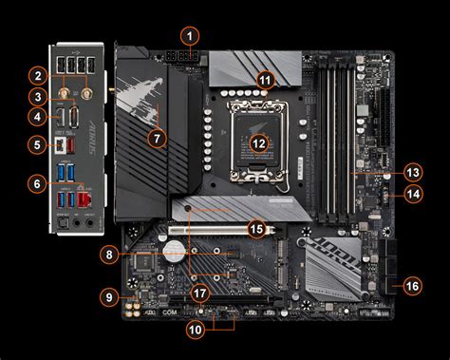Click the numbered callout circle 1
tap(191, 36)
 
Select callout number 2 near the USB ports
tap(37, 74)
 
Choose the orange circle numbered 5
tap(37, 145)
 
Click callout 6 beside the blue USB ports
tap(37, 183)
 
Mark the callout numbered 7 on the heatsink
tap(158, 138)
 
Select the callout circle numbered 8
tap(110, 255)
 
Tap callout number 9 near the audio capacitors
tap(110, 297)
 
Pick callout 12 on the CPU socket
tap(259, 145)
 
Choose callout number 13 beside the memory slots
tap(412, 173)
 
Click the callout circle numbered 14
tap(412, 193)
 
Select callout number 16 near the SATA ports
tap(412, 285)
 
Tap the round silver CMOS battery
tap(173, 251)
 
